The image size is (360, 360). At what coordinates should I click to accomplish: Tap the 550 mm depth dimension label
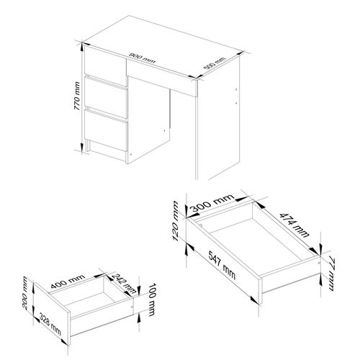pyautogui.click(x=214, y=65)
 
